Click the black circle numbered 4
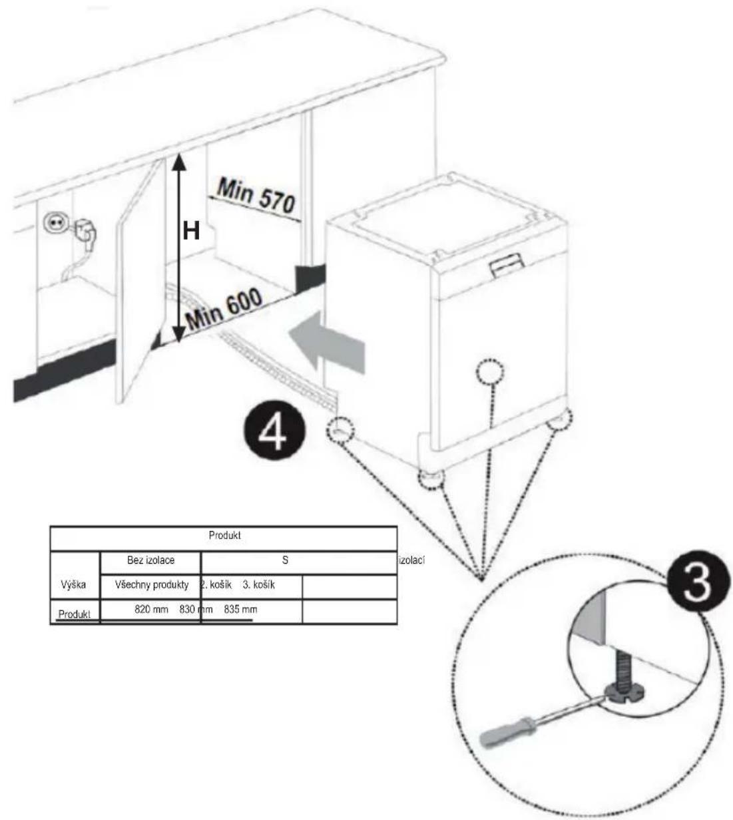coord(274,431)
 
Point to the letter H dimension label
coord(191,232)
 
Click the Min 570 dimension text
coord(256,197)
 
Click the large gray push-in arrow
coord(327,342)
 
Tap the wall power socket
coord(53,222)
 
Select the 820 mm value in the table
coord(151,609)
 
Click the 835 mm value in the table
coord(240,609)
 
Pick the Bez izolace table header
coord(150,560)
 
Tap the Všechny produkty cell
coord(152,585)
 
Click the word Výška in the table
coord(73,584)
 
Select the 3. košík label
coord(259,584)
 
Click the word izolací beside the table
coord(412,560)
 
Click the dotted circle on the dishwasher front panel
coord(490,371)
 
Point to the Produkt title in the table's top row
coord(225,535)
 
